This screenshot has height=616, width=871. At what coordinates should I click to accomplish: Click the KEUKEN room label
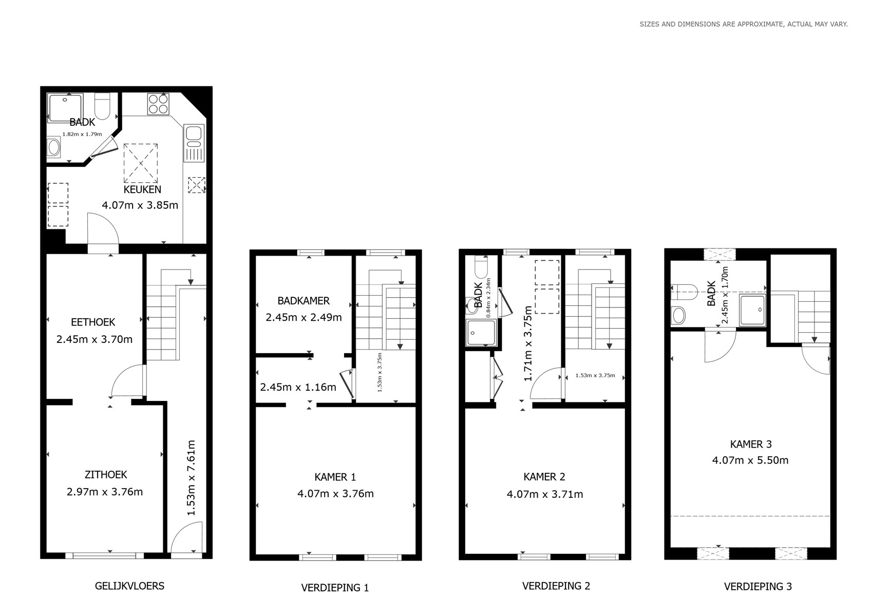(x=142, y=189)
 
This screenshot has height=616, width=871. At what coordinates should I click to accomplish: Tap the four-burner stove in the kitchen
(x=158, y=104)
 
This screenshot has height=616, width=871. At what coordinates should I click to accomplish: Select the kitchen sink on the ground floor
(x=194, y=143)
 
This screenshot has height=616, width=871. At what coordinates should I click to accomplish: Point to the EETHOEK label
(x=93, y=322)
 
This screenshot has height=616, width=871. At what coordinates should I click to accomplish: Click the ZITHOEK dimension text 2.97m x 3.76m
(x=105, y=492)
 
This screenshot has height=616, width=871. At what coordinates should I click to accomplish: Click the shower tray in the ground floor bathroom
(x=65, y=108)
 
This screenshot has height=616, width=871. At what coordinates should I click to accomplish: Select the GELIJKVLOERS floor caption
(x=129, y=586)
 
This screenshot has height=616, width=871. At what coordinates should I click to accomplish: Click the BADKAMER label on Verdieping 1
(x=304, y=301)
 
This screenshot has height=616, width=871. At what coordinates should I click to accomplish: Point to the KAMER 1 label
(x=335, y=477)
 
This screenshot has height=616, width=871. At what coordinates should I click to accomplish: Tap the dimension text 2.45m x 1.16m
(x=298, y=387)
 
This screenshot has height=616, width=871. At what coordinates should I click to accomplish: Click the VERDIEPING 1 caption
(x=335, y=588)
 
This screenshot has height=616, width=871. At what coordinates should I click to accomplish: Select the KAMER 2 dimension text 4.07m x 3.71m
(x=545, y=494)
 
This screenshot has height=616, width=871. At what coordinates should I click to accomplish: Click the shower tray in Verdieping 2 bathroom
(x=481, y=332)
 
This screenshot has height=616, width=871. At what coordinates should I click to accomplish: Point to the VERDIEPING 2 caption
(x=556, y=586)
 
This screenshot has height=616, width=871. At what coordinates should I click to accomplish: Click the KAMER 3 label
(x=751, y=444)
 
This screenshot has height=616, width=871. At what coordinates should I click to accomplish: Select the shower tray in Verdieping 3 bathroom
(x=752, y=310)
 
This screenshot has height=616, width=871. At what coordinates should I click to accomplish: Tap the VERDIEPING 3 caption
(x=758, y=586)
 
